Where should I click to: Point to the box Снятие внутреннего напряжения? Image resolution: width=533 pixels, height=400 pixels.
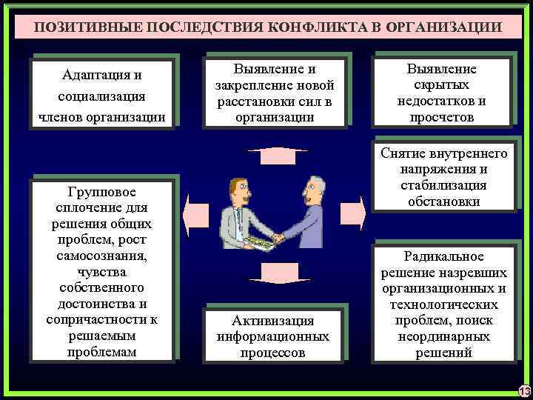click(443, 176)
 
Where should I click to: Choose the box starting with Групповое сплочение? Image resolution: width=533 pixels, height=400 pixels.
click(101, 271)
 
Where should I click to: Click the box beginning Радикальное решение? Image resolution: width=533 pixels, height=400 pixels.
click(443, 304)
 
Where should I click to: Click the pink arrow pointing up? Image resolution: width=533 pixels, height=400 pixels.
click(272, 156)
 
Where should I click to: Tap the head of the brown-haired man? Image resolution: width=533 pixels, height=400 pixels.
click(238, 190)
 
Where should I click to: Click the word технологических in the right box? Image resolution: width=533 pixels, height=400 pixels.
click(443, 304)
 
